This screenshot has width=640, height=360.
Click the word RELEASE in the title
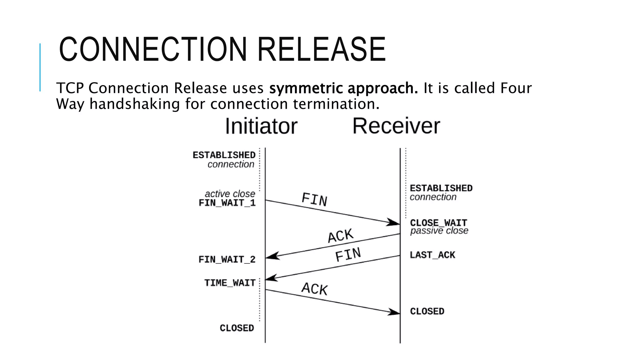(x=322, y=49)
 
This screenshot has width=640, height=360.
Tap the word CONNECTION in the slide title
(x=153, y=49)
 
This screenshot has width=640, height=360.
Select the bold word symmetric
(x=306, y=88)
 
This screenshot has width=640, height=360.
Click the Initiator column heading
(x=261, y=126)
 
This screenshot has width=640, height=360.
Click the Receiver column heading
(x=396, y=126)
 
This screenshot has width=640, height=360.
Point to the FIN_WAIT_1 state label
(x=227, y=203)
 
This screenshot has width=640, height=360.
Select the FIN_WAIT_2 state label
(x=227, y=260)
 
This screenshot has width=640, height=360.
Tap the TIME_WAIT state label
(x=230, y=283)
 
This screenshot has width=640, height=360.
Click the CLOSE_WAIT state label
(x=438, y=223)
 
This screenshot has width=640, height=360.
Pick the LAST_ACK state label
(x=432, y=255)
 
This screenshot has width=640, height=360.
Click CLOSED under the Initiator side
(x=237, y=328)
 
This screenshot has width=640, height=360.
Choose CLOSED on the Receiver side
(x=427, y=311)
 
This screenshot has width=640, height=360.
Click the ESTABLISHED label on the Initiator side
(x=224, y=155)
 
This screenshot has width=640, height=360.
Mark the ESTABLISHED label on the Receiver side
(x=441, y=188)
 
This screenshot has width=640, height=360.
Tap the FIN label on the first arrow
(x=314, y=200)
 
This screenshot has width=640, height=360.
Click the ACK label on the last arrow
(x=314, y=289)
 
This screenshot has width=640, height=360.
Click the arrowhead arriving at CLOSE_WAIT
(x=393, y=222)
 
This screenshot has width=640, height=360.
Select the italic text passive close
(x=439, y=231)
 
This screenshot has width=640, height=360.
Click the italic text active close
(x=230, y=194)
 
